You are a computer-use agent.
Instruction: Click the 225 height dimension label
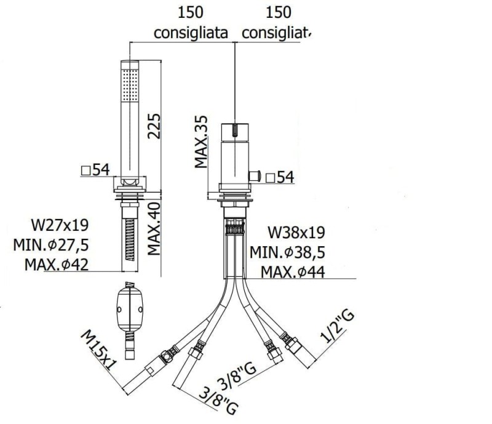click(x=154, y=126)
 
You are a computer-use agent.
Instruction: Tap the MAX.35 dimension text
click(x=201, y=142)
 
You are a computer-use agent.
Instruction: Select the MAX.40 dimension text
click(x=154, y=229)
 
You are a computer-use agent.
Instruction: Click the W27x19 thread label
click(x=60, y=225)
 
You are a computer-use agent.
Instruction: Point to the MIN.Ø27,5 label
click(x=51, y=245)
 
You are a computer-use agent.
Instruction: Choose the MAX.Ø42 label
click(x=57, y=265)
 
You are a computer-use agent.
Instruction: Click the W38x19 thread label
click(x=296, y=233)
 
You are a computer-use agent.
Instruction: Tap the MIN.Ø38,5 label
click(x=287, y=252)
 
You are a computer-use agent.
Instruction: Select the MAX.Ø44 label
click(x=293, y=272)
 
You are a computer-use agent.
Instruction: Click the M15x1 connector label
click(x=99, y=350)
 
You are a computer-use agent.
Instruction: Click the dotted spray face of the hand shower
click(x=130, y=85)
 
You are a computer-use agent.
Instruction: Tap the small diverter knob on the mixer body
click(x=255, y=176)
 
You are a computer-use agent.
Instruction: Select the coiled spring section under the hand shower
click(x=130, y=240)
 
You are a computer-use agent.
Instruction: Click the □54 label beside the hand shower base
click(x=95, y=170)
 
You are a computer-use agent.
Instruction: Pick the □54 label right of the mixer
click(x=280, y=177)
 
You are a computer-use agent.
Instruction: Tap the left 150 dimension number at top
click(x=191, y=12)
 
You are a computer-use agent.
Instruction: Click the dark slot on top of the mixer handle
click(x=235, y=130)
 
